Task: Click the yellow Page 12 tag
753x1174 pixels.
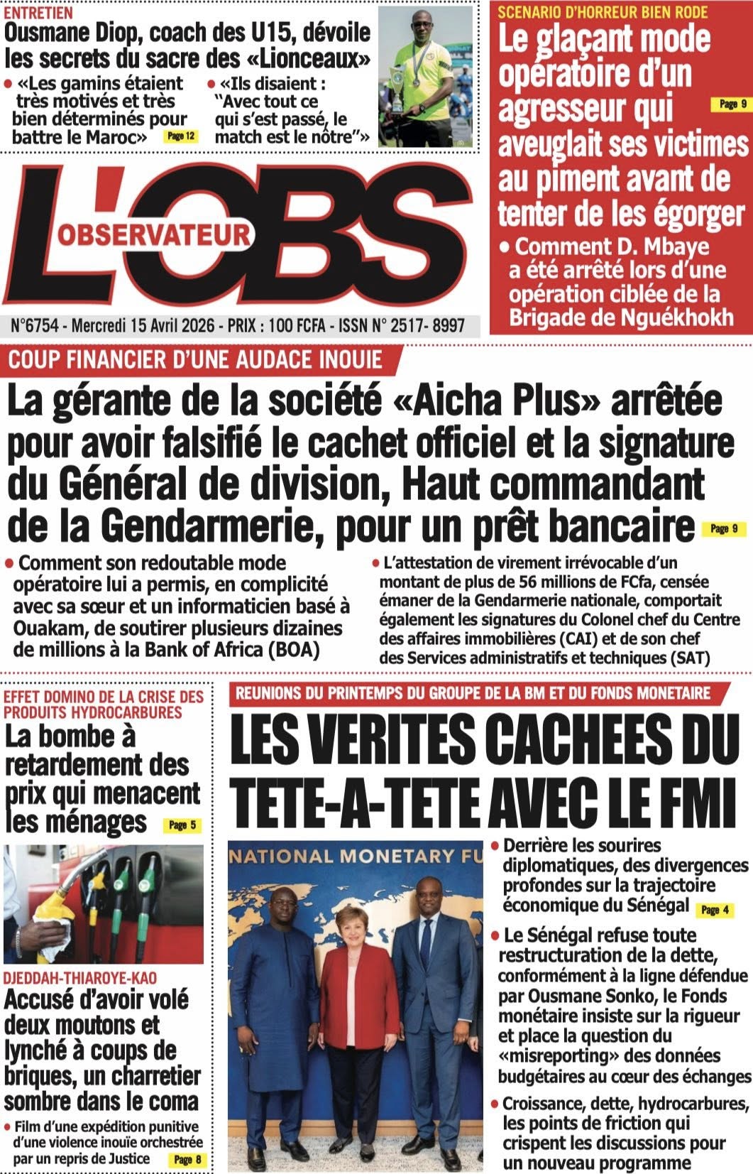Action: pyautogui.click(x=180, y=136)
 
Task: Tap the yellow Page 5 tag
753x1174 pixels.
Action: pyautogui.click(x=182, y=825)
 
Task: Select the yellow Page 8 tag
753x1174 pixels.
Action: pyautogui.click(x=187, y=1160)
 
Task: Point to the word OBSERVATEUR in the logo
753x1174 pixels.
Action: pyautogui.click(x=154, y=234)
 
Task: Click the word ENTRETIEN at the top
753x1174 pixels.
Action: pyautogui.click(x=38, y=13)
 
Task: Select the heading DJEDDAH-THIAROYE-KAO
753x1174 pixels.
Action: pyautogui.click(x=80, y=978)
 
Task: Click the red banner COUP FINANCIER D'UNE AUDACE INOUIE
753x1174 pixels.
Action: pyautogui.click(x=195, y=359)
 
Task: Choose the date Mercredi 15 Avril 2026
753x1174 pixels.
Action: pyautogui.click(x=142, y=326)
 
